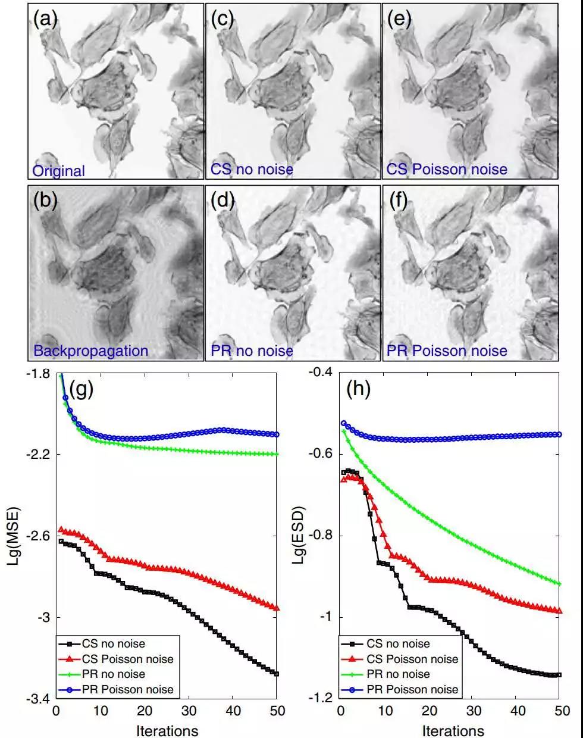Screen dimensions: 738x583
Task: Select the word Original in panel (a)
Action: [x=58, y=171]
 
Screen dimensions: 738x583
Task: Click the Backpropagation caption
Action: [x=90, y=351]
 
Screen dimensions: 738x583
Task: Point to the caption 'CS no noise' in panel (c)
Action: [x=252, y=170]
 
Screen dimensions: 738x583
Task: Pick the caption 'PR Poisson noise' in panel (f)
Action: [x=447, y=351]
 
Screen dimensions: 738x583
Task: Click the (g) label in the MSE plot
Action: [x=82, y=389]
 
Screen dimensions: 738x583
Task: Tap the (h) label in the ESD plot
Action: [x=359, y=389]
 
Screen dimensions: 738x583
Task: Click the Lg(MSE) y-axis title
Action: [x=14, y=536]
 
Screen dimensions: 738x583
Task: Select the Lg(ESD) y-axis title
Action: [x=299, y=536]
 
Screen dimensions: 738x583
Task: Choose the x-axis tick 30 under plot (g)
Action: [x=189, y=711]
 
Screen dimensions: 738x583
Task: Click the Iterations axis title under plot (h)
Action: [x=453, y=730]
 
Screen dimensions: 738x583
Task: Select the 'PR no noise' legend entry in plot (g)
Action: [x=115, y=674]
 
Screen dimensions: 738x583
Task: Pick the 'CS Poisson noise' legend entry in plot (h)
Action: [x=412, y=659]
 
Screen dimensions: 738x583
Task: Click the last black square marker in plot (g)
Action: [x=277, y=673]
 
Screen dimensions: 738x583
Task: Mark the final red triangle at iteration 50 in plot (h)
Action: [x=559, y=610]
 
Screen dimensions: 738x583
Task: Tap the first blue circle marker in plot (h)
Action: [x=343, y=423]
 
